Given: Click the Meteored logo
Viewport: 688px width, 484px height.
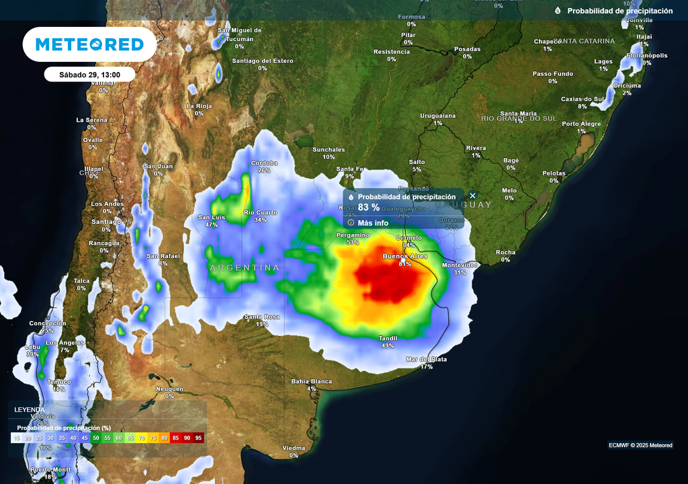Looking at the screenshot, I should point(89,44).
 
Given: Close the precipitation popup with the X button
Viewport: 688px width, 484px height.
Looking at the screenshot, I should point(472,196).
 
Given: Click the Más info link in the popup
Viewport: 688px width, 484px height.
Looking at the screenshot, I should point(373,223).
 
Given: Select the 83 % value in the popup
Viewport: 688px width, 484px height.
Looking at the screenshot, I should point(369,208).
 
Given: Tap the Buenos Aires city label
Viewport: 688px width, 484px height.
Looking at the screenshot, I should point(405,257).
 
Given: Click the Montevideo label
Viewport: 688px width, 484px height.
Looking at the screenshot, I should point(460,266).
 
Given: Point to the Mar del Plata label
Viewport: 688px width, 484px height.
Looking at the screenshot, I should point(426,359).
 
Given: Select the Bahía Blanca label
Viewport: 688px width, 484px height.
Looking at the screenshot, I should point(311,381).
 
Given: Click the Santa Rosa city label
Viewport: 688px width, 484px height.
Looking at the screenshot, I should point(261,317).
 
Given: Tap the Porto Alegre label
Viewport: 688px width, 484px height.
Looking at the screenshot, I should point(581,124).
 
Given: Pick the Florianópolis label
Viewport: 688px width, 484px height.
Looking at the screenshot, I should point(647,55).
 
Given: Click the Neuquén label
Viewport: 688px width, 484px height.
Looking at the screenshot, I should point(169,389).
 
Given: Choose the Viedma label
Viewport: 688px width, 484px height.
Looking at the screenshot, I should point(294,448).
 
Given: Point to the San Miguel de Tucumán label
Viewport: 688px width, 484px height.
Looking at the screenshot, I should point(239,34).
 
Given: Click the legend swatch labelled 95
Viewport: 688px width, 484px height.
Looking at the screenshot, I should point(198,438).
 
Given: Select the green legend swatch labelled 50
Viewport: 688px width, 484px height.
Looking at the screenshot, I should point(96,438).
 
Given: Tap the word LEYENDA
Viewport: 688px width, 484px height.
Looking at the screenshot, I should point(30,409).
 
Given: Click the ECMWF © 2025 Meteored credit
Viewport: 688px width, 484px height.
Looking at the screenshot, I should point(640,445).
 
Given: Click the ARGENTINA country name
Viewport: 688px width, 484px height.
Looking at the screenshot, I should point(244,268).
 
